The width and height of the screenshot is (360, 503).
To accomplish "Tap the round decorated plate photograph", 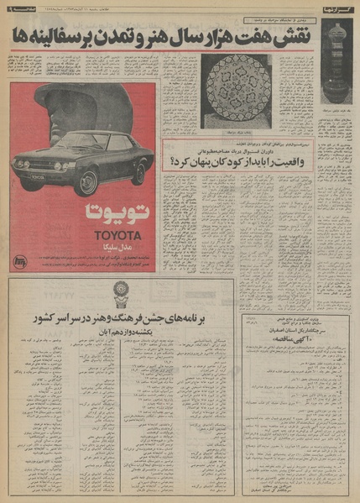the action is (x=236, y=91).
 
